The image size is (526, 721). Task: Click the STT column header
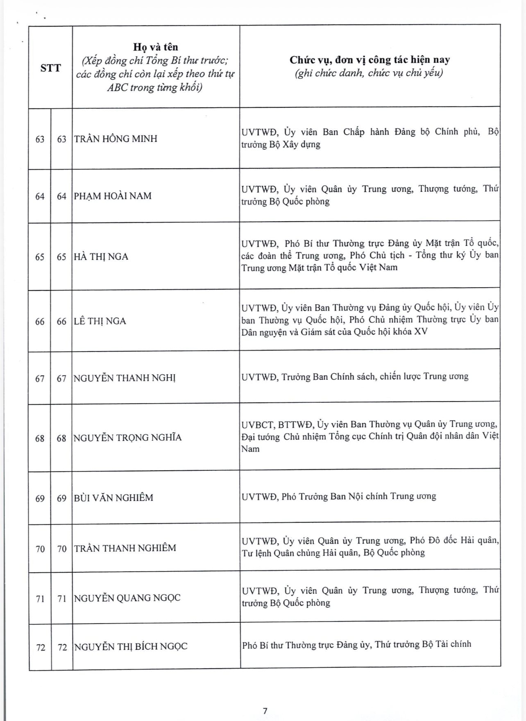click(x=50, y=68)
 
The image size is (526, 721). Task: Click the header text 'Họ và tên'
click(x=155, y=47)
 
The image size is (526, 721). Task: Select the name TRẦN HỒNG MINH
click(x=116, y=139)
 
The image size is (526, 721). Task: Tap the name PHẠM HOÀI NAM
click(x=113, y=196)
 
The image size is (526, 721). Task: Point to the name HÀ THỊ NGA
click(x=101, y=257)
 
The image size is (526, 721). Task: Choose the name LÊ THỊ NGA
click(x=100, y=321)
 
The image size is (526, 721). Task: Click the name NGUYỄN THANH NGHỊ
click(x=125, y=378)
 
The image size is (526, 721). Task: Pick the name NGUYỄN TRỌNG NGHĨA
click(x=127, y=438)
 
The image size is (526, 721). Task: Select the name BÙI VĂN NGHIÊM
click(x=113, y=498)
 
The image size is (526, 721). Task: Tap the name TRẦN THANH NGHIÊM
click(x=125, y=548)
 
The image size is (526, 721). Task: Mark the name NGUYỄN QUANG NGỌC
click(x=127, y=598)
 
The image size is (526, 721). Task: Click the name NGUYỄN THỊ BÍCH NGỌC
click(x=131, y=647)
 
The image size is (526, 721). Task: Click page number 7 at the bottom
click(x=265, y=711)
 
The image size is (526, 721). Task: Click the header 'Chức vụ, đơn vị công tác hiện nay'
click(x=370, y=60)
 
